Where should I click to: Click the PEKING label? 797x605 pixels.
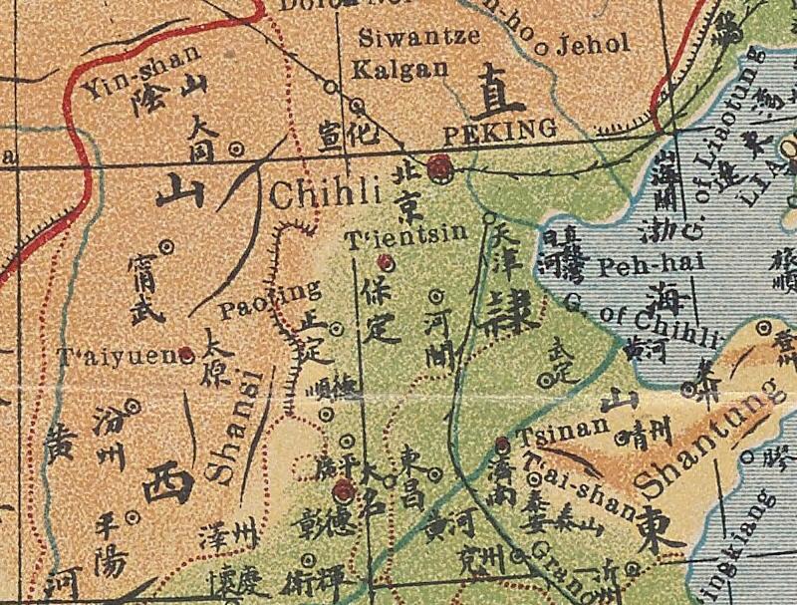click(498, 130)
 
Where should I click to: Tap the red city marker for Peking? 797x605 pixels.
click(438, 169)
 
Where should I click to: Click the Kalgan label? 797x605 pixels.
click(390, 72)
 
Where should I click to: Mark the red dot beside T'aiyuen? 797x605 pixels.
click(185, 353)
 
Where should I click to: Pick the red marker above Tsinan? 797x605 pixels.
click(502, 446)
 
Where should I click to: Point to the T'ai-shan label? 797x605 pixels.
click(578, 490)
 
